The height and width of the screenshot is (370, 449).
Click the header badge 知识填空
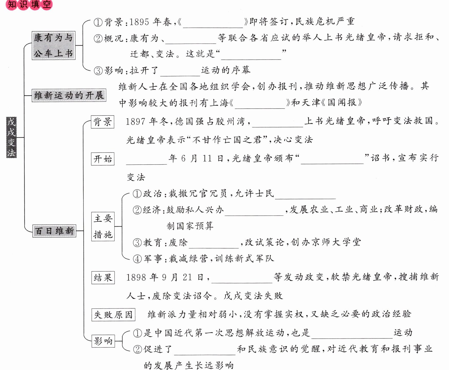click(29, 5)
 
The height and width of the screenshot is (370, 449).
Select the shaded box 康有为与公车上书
click(54, 45)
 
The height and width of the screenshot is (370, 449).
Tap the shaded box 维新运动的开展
click(69, 96)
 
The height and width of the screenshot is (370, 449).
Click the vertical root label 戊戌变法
click(11, 137)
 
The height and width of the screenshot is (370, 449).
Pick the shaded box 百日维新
click(54, 231)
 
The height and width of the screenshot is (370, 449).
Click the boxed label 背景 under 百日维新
click(103, 122)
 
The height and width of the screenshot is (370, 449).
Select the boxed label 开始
click(103, 159)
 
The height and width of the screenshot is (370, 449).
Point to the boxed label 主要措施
click(103, 226)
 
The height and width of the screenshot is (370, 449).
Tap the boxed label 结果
click(103, 278)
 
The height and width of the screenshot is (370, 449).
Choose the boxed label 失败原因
click(113, 315)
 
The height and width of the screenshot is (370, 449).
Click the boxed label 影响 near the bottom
click(103, 341)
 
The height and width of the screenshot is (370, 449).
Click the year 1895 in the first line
click(139, 22)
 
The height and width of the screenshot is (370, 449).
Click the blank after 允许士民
click(305, 195)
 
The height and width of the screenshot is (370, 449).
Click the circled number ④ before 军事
click(137, 259)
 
